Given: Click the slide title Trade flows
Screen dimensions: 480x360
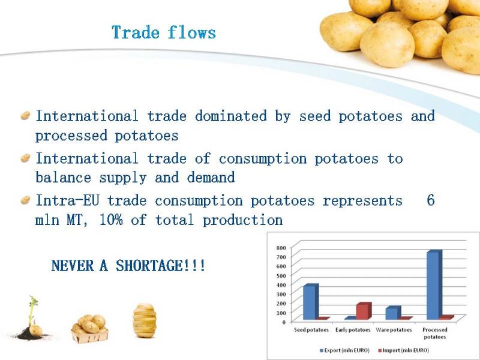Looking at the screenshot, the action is click(x=164, y=32).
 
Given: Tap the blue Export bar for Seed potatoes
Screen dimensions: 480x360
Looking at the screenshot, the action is click(x=311, y=302).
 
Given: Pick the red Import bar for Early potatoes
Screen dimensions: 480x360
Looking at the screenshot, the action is click(x=364, y=311).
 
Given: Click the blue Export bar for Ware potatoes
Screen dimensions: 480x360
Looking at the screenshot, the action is click(x=393, y=313).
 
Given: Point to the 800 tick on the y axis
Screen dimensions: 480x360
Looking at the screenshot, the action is click(x=281, y=248).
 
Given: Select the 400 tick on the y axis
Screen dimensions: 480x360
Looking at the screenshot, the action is click(x=281, y=285).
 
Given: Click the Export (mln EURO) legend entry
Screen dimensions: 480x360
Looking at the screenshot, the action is click(x=344, y=350).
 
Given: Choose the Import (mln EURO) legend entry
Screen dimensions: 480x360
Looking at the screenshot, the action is click(x=403, y=350).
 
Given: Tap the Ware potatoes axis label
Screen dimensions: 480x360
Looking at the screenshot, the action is click(x=394, y=330).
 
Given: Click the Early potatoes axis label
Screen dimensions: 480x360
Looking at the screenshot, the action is click(x=353, y=330).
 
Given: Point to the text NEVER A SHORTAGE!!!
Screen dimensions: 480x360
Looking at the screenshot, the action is click(x=128, y=265).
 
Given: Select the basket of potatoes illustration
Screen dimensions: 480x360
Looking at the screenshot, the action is click(x=89, y=328).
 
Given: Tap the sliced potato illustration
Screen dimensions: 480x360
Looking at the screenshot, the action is click(x=145, y=320).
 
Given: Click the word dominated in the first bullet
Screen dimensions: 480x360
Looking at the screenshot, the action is click(x=231, y=116).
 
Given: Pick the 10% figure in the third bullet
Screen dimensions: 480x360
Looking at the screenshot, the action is click(x=111, y=220).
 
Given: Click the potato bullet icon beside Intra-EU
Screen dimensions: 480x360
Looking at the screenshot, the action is click(x=25, y=200).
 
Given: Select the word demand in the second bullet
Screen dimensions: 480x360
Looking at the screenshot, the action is click(x=211, y=177).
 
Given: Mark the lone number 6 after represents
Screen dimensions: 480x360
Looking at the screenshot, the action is click(x=431, y=200).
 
